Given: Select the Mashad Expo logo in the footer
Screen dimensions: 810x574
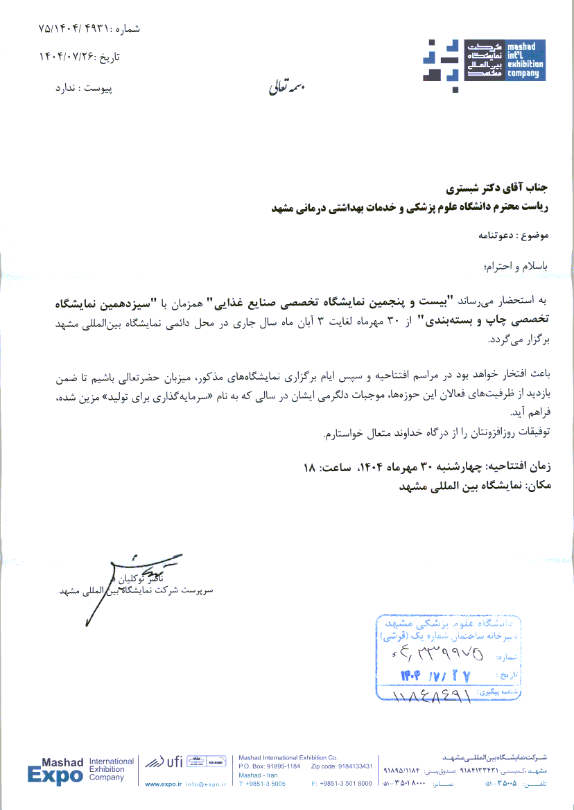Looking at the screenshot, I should tap(55, 771).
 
